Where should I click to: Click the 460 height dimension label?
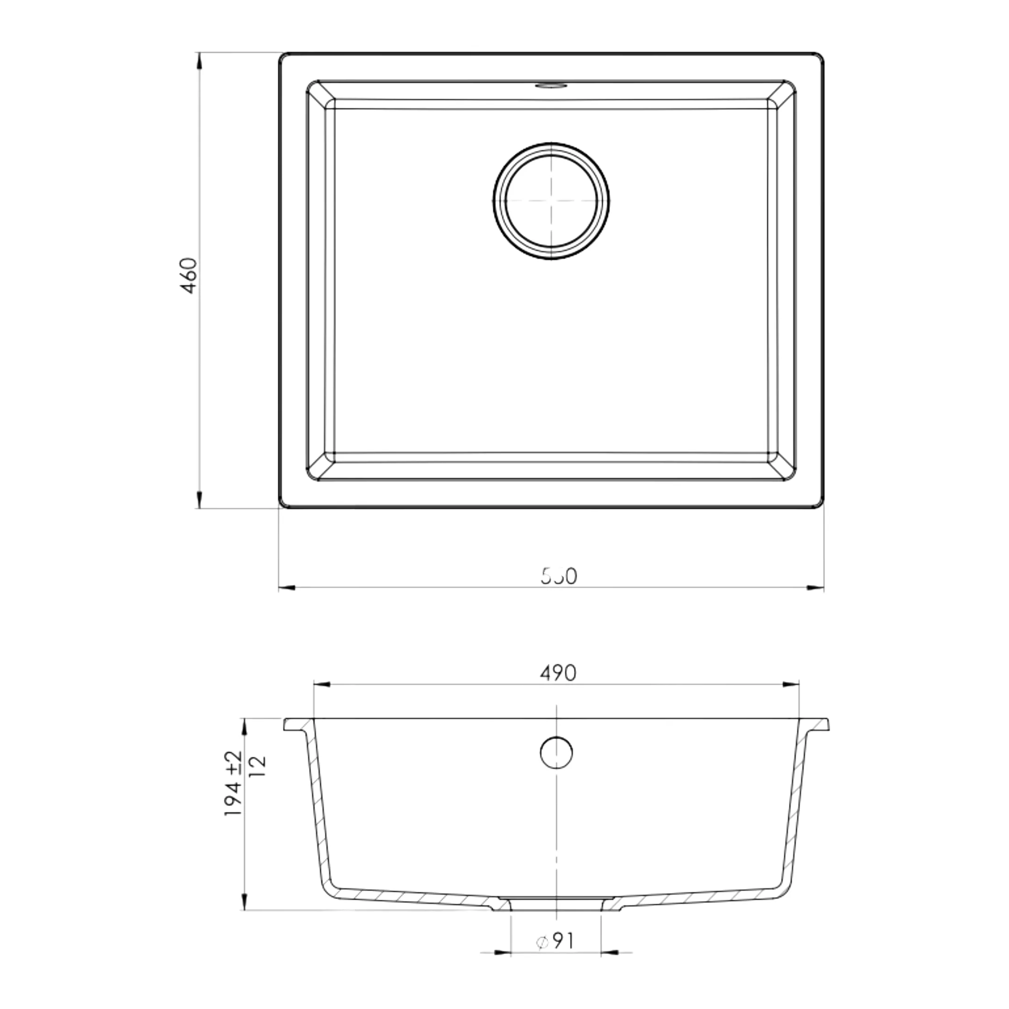point(189,275)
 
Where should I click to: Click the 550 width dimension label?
point(559,576)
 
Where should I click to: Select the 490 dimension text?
point(558,673)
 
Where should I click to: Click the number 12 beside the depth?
point(258,766)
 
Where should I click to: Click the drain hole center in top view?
point(552,201)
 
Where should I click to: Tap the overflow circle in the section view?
point(556,753)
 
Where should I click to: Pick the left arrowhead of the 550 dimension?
point(287,588)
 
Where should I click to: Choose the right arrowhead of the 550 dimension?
point(815,588)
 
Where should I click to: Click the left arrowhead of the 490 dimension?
point(321,684)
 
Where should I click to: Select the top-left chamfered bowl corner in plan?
point(320,94)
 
